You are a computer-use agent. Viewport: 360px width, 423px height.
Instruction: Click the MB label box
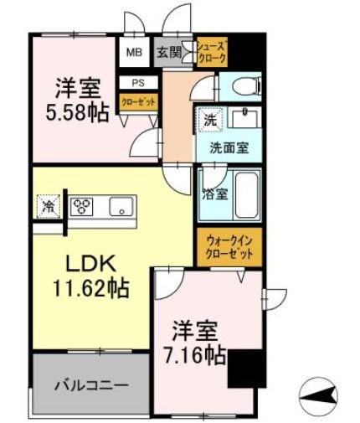click(135, 52)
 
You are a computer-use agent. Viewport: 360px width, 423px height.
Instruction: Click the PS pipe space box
click(136, 83)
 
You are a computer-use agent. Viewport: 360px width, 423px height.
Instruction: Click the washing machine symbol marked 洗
click(209, 120)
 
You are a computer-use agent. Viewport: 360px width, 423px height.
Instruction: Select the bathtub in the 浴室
click(245, 193)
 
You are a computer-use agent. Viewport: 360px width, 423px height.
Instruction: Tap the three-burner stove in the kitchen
click(84, 205)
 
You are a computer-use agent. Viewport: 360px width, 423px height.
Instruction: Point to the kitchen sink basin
click(122, 206)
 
